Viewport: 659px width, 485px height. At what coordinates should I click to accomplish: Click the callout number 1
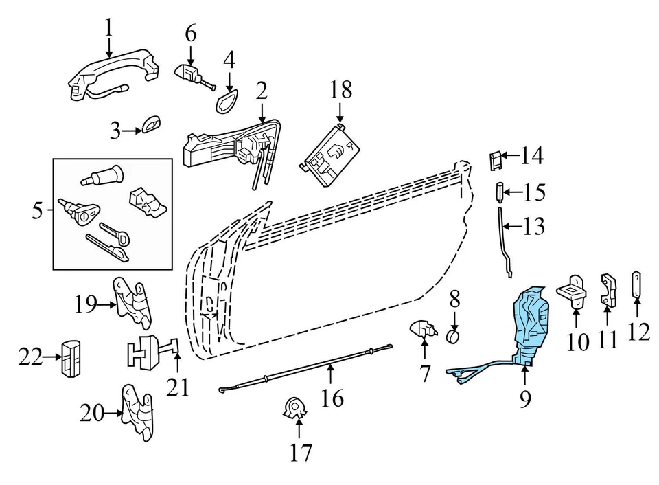coord(108,28)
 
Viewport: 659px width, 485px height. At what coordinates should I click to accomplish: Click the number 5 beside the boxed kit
coord(38,212)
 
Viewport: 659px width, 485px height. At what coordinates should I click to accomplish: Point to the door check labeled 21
coord(151,353)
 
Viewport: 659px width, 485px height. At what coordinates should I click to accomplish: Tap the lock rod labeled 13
coord(505,240)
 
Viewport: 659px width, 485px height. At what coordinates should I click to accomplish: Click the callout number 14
coord(531,157)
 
